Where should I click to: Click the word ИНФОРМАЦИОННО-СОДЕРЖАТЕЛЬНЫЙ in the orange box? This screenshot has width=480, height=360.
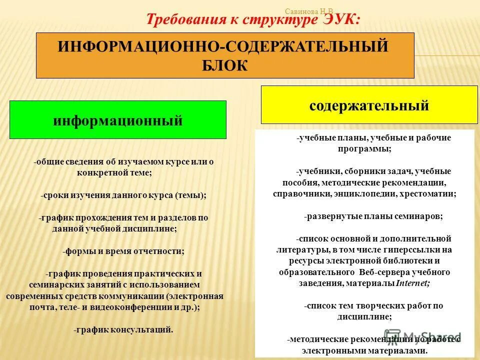(x=223, y=46)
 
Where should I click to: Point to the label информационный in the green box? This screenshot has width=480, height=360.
(x=118, y=120)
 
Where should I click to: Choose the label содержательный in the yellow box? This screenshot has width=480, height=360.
(x=369, y=105)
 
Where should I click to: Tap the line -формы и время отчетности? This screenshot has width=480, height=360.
(x=123, y=252)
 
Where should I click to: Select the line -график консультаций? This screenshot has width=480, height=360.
(x=123, y=329)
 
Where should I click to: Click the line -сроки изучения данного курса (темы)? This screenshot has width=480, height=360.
(x=123, y=195)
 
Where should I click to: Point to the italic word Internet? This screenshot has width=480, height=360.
(x=412, y=283)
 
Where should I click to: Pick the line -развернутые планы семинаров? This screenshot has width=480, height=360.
(x=373, y=216)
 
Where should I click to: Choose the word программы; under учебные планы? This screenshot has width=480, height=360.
(x=365, y=148)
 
